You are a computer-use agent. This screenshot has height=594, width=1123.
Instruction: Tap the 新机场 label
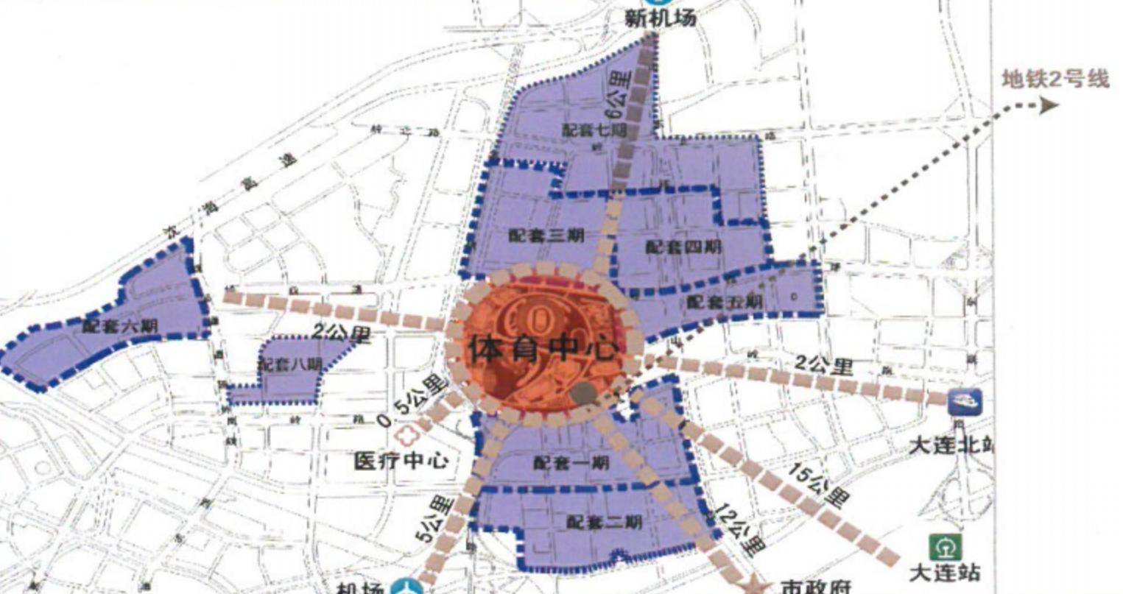pos(660,18)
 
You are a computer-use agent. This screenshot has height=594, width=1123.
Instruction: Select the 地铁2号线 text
pos(1055,79)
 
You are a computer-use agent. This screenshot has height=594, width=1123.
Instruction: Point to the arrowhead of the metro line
pos(1049,106)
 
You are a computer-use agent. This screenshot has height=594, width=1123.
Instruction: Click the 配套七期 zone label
pos(594,130)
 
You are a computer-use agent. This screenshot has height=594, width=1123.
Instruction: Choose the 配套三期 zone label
pos(546,236)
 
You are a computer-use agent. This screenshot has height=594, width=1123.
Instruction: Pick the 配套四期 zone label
pos(683,247)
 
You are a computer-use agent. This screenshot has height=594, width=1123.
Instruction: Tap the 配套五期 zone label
pos(724,302)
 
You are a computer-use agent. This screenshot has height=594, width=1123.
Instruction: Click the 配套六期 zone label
pos(119,325)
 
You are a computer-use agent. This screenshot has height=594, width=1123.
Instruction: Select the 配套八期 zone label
pos(289,364)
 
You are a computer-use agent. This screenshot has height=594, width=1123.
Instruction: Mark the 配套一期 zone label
pos(571,463)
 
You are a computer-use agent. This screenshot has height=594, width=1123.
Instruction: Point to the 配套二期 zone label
pos(604,522)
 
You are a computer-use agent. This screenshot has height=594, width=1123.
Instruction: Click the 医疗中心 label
pos(401,462)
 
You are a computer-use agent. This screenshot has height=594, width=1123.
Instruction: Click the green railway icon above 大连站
pos(944,547)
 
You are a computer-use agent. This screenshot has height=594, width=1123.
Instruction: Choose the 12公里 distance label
pos(739,528)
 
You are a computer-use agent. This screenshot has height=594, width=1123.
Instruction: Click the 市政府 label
pos(815,587)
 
